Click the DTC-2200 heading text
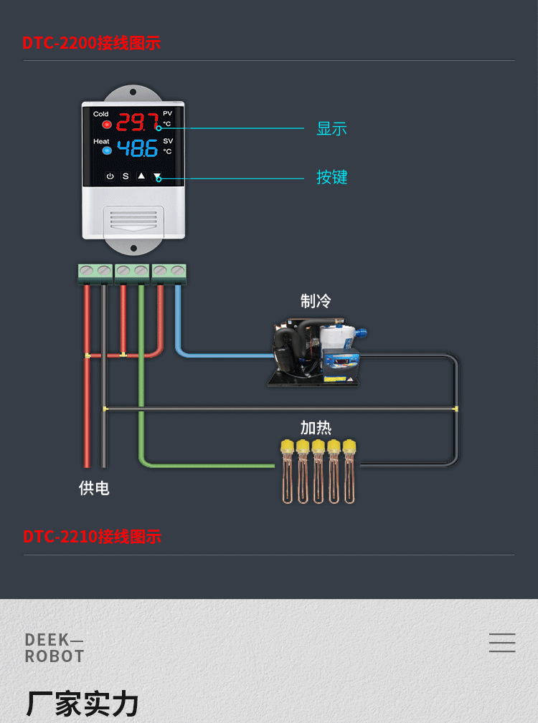coord(91,42)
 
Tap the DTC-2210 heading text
coord(92,536)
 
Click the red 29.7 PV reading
coord(137,122)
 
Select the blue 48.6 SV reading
coord(137,149)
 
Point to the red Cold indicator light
coord(107,125)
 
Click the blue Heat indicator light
coord(107,150)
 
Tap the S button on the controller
coord(126,176)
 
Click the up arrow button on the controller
coord(141,176)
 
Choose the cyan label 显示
coord(331,129)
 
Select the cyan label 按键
coord(331,177)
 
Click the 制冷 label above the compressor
coord(316,300)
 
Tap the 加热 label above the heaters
coord(316,428)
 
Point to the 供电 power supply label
coord(94,488)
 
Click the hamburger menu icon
coord(502,642)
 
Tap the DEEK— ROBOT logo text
coord(55,648)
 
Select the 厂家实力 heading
coord(82,704)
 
